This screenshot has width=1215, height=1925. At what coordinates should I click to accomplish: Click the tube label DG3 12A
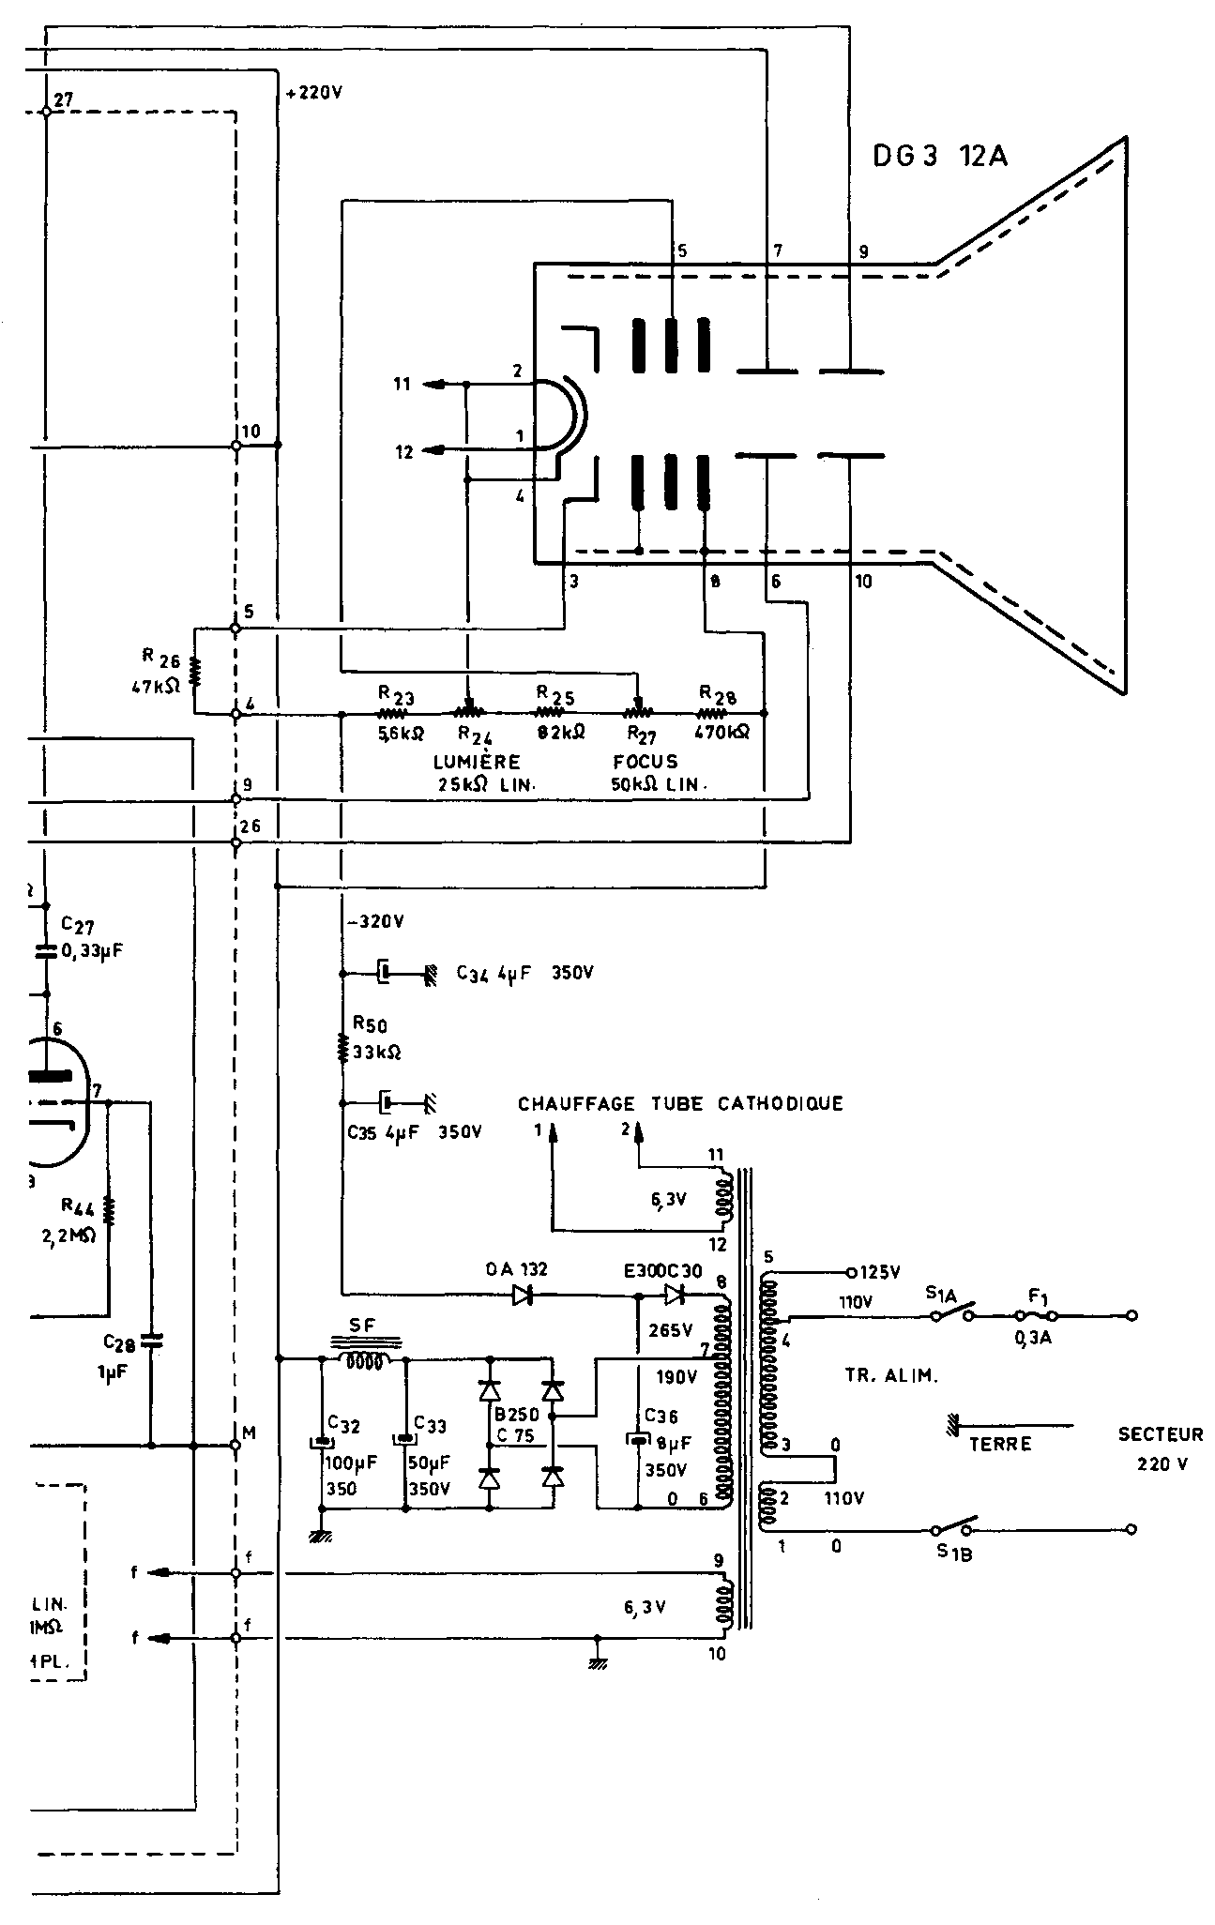click(x=939, y=156)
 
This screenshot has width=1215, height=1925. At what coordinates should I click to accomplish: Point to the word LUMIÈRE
click(x=477, y=761)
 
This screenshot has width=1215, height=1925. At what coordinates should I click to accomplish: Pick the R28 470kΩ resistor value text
click(x=722, y=733)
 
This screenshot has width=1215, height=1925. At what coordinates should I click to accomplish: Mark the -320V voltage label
click(x=375, y=921)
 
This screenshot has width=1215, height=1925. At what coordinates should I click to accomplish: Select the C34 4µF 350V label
click(x=524, y=973)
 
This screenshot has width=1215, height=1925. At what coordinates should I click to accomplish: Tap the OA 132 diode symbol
click(x=523, y=1296)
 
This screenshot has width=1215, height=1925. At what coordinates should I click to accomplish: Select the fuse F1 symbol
click(x=1038, y=1315)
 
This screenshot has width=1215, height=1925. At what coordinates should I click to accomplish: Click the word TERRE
click(x=999, y=1444)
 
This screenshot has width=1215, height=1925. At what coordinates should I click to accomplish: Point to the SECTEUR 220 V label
click(x=1160, y=1448)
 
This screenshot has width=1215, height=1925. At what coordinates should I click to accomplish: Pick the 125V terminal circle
click(x=850, y=1273)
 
